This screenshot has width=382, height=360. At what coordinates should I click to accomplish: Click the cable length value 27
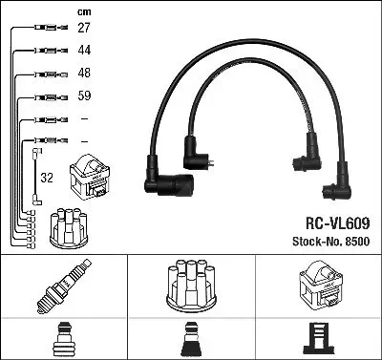coord(84,28)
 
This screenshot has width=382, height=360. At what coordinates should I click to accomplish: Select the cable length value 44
coord(84,50)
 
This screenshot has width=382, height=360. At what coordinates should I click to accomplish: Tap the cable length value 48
coord(84,73)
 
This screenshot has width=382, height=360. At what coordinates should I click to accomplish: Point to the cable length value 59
coord(84,95)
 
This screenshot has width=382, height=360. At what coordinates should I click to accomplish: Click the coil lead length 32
coord(47,178)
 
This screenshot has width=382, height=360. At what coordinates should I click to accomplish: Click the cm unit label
coord(84,12)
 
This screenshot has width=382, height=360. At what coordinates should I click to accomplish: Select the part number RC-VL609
coord(338,223)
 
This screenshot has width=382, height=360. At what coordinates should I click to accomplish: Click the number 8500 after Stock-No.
coord(357,242)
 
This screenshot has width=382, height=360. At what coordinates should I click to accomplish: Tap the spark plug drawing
coord(64,286)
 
